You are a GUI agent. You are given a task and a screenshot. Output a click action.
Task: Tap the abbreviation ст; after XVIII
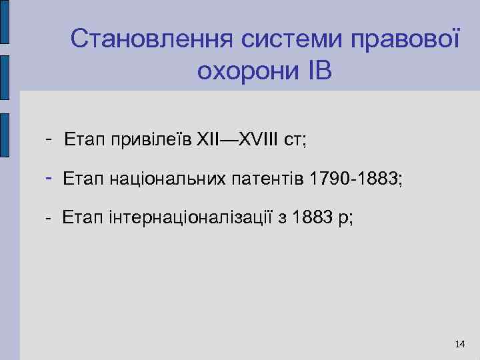[x=294, y=141]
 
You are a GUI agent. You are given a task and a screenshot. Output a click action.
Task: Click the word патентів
[x=265, y=179]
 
